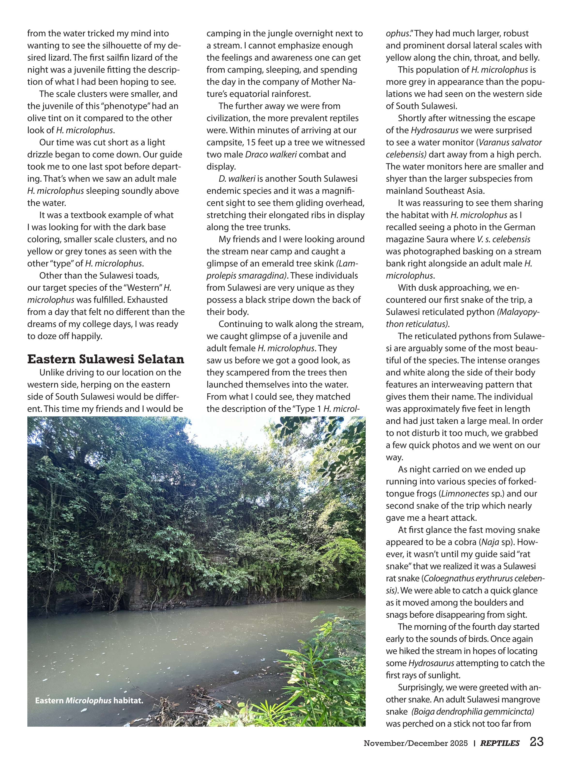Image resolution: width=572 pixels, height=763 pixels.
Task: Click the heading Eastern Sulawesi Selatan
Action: (x=106, y=359)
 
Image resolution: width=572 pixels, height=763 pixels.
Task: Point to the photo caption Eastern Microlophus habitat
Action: (x=89, y=701)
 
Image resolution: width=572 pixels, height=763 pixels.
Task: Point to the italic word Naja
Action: (x=490, y=542)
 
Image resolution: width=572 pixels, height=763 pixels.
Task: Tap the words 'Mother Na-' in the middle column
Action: (x=333, y=82)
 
